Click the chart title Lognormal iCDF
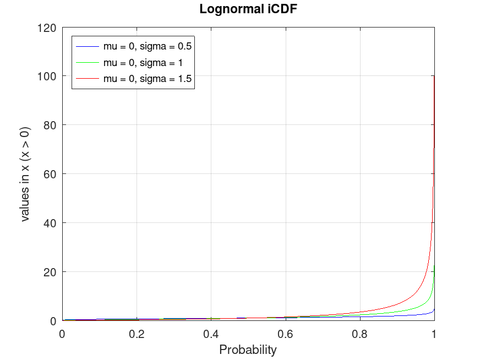[248, 9]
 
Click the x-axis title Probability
[248, 350]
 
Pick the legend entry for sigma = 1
[143, 62]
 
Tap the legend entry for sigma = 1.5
[148, 79]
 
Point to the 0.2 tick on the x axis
[137, 334]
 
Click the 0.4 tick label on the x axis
[211, 334]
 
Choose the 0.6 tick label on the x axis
[286, 334]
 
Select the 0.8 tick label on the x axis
[360, 334]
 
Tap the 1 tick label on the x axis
[434, 334]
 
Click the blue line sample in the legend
[88, 46]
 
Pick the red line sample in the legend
[88, 79]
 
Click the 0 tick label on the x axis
[62, 334]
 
